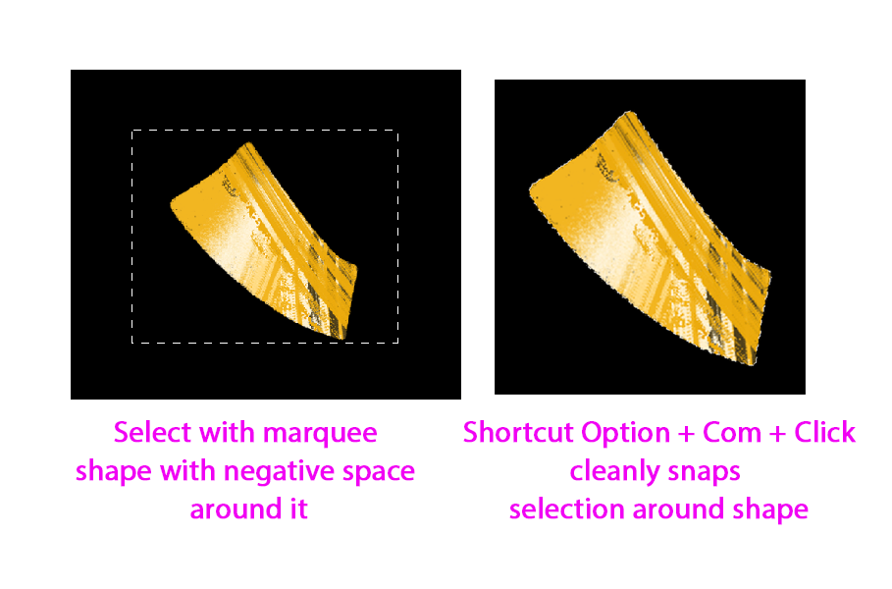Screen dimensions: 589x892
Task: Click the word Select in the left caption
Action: [145, 432]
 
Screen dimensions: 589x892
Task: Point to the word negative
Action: [281, 472]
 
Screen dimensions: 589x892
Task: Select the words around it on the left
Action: [248, 510]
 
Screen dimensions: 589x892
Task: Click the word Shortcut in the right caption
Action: [518, 432]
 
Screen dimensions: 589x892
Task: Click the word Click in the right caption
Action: [824, 432]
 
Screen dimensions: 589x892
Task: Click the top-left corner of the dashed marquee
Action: [132, 130]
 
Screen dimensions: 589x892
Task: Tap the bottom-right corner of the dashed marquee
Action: [397, 343]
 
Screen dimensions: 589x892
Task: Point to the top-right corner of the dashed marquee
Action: [397, 130]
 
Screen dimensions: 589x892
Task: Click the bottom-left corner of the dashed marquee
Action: [132, 343]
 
